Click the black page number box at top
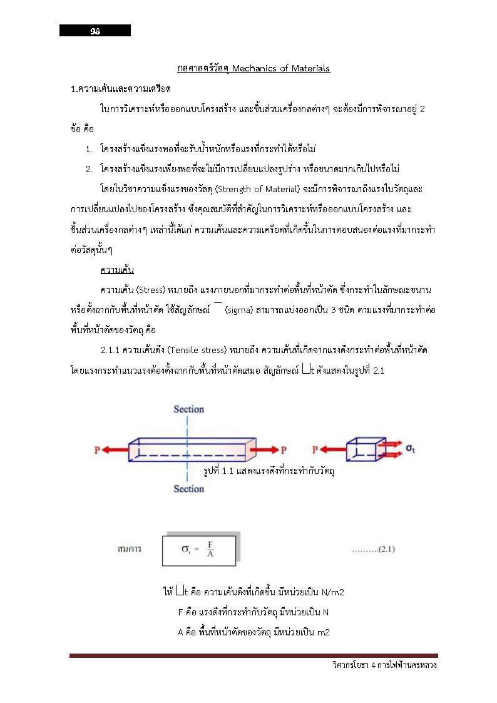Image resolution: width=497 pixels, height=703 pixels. pyautogui.click(x=95, y=31)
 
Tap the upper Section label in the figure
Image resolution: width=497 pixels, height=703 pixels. pyautogui.click(x=188, y=409)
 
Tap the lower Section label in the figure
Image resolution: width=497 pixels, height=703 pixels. pyautogui.click(x=188, y=489)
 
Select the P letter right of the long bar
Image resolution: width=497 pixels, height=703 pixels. pyautogui.click(x=284, y=449)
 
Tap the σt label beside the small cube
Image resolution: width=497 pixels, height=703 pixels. pyautogui.click(x=411, y=448)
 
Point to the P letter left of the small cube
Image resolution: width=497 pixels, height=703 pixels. pyautogui.click(x=315, y=449)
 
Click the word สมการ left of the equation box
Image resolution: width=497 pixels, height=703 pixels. pyautogui.click(x=129, y=549)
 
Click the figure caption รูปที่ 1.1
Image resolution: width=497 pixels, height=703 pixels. pyautogui.click(x=269, y=470)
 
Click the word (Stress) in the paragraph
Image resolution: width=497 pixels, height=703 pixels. pyautogui.click(x=150, y=290)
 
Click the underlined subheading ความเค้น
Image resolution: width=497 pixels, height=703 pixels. pyautogui.click(x=117, y=270)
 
